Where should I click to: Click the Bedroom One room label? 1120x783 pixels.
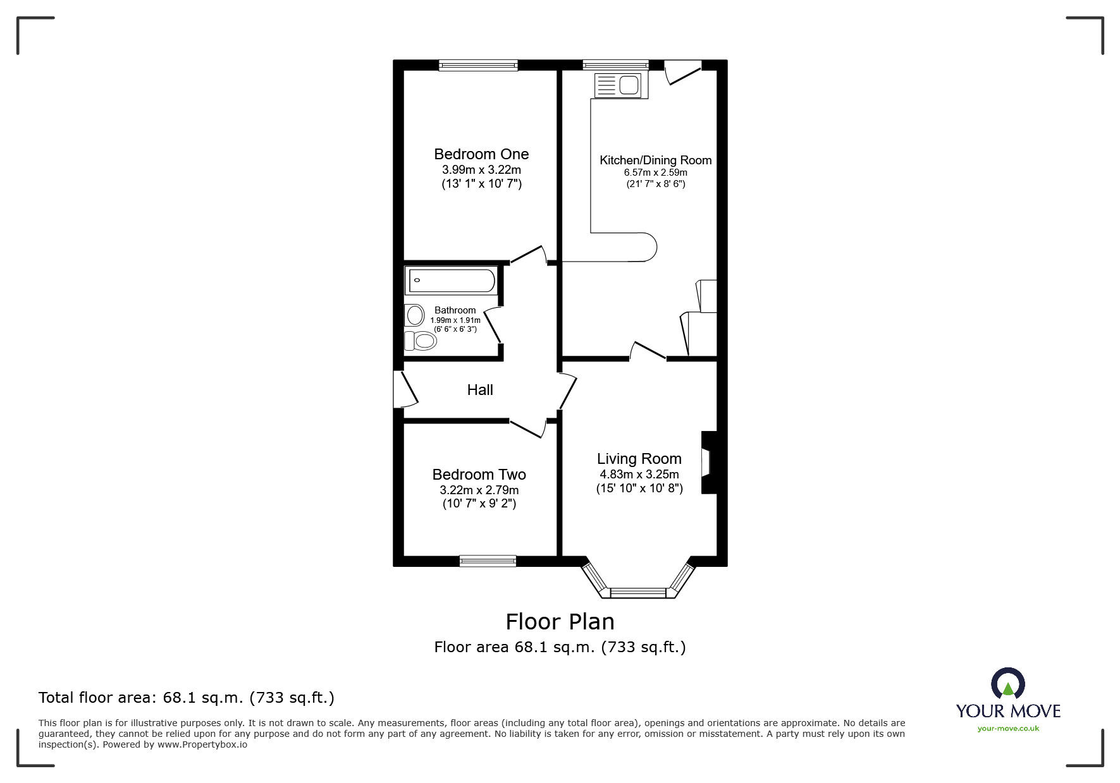[481, 154]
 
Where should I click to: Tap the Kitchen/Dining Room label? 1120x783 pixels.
[655, 161]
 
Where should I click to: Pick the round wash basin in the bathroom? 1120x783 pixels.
[415, 314]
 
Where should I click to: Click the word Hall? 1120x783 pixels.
[480, 390]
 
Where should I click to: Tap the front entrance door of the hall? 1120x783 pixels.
[405, 389]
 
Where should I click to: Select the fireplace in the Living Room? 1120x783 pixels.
[708, 463]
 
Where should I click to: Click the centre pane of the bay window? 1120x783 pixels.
[638, 592]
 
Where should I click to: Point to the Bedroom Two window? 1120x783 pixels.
[488, 560]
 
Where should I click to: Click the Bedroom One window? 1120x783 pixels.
[479, 64]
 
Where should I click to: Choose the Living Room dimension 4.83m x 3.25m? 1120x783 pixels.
[639, 475]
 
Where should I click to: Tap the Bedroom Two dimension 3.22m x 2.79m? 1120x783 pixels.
[479, 490]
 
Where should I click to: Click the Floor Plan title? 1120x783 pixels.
[560, 622]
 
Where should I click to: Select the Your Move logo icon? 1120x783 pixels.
[1007, 684]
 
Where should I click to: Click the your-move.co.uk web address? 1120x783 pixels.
[1008, 729]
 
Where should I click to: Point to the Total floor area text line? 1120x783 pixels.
[187, 698]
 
